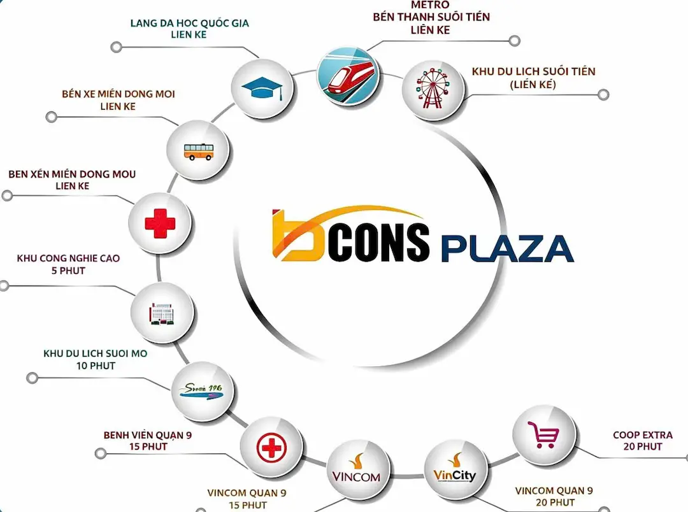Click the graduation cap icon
tap(262, 89)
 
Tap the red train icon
tap(348, 75)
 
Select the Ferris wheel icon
tap(432, 89)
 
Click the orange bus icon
tap(198, 152)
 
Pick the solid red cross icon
tap(160, 224)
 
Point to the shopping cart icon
tap(543, 434)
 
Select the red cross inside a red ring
tap(271, 448)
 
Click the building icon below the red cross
tap(162, 313)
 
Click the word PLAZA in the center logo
tap(507, 249)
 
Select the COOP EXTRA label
tap(642, 435)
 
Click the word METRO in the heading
tap(430, 5)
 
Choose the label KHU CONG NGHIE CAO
tap(68, 259)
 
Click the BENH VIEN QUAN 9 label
tap(148, 435)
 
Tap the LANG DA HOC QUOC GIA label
tap(190, 24)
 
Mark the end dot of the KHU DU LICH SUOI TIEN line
tap(603, 95)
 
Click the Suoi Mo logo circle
tap(203, 391)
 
